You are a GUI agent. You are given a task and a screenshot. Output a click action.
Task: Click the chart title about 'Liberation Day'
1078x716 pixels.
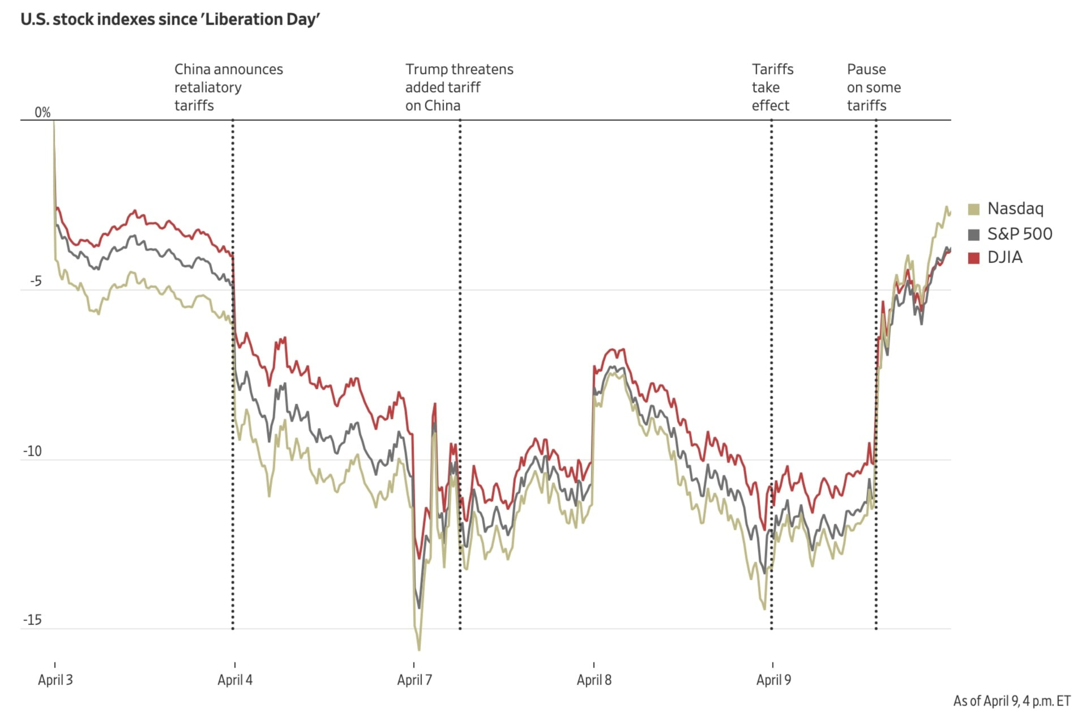click(170, 19)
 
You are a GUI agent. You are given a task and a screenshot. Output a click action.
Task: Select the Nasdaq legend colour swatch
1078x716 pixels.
click(974, 209)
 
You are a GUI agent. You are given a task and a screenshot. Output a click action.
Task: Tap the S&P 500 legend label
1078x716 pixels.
click(1020, 233)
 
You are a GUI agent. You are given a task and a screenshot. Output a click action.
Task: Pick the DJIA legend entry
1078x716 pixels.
click(1004, 257)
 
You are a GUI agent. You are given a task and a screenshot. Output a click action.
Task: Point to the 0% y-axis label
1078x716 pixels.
click(42, 112)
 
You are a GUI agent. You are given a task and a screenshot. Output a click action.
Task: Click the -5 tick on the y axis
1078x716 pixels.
click(36, 281)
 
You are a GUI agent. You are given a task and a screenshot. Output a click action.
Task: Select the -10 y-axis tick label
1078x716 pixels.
click(32, 451)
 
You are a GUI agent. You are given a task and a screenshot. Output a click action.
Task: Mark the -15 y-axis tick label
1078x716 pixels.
click(32, 620)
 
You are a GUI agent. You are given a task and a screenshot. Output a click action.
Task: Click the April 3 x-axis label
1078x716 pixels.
click(55, 680)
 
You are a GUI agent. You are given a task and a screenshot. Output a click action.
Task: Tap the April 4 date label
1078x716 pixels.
click(235, 680)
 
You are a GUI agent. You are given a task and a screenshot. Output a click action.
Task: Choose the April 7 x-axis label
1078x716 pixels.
click(414, 680)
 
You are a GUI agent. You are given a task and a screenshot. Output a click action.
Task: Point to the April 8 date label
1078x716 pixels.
click(594, 680)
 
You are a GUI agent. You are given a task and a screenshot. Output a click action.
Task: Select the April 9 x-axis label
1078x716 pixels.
click(773, 680)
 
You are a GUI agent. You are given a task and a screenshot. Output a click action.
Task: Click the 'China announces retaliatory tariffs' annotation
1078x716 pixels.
click(228, 87)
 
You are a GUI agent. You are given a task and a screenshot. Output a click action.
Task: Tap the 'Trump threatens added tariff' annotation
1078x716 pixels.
click(459, 87)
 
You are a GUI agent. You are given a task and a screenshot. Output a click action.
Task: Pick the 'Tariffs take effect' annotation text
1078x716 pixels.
click(772, 87)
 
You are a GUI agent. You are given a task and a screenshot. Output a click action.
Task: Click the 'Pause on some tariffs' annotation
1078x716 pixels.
click(874, 87)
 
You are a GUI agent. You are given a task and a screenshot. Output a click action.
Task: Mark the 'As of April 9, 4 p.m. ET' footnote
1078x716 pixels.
click(1011, 701)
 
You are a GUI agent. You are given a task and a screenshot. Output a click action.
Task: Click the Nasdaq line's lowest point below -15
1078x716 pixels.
click(419, 650)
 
